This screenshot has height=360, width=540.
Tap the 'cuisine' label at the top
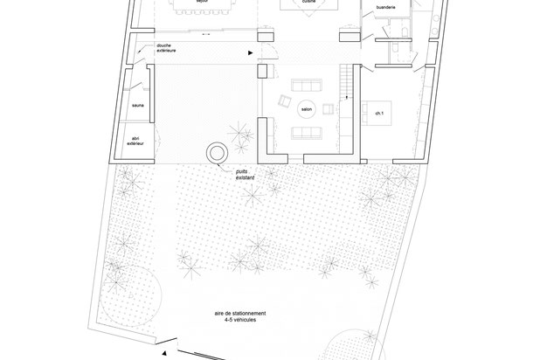[x=308, y=3]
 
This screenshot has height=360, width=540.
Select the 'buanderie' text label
[x=385, y=7]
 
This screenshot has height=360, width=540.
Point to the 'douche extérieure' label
[x=167, y=48]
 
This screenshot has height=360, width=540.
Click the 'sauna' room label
[x=138, y=106]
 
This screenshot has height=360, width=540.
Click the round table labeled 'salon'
[x=306, y=109]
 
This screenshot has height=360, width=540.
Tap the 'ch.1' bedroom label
[x=378, y=114]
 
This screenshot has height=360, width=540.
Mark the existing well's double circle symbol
[x=215, y=153]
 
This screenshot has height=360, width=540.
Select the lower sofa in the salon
[x=306, y=133]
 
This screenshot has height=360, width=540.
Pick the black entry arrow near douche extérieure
[x=252, y=54]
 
